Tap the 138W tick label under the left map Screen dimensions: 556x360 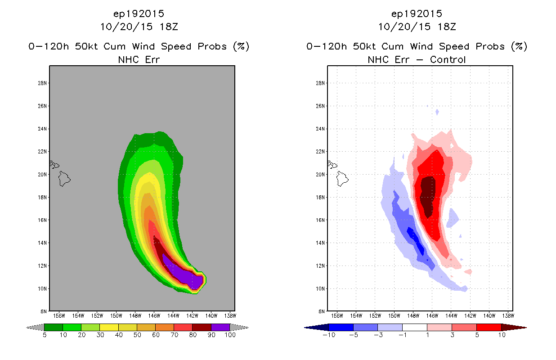click(x=230, y=316)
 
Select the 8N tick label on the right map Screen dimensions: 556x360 click(x=322, y=311)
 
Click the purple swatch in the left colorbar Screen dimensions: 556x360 click(x=220, y=327)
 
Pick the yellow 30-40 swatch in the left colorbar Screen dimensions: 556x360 click(x=109, y=327)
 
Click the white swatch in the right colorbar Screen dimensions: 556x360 click(x=414, y=327)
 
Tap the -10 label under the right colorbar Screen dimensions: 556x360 click(x=329, y=335)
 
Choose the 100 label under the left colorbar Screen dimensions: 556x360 click(x=230, y=335)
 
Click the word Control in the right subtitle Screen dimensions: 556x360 click(x=448, y=59)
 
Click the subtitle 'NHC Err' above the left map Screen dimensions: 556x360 click(x=139, y=59)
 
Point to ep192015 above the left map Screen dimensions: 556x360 click(x=139, y=14)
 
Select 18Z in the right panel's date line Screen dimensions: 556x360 click(x=447, y=27)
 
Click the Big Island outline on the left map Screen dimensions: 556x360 click(x=64, y=179)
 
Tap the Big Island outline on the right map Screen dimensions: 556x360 click(x=342, y=179)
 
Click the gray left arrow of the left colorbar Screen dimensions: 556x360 click(x=35, y=328)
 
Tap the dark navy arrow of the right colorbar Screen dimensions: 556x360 click(x=316, y=328)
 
